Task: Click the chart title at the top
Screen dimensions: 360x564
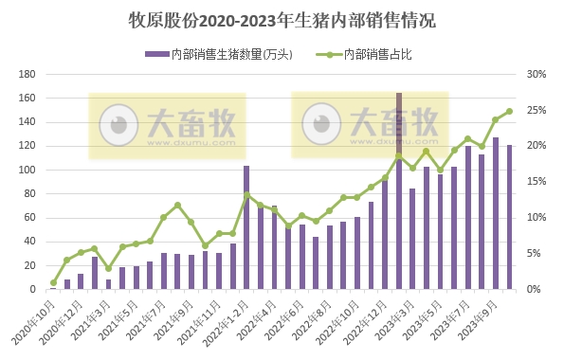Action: point(282,20)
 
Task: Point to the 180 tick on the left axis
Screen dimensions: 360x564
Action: point(27,74)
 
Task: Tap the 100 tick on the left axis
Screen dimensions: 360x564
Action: point(27,170)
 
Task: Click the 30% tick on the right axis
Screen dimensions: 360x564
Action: point(537,74)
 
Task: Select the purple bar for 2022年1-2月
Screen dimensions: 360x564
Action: point(246,227)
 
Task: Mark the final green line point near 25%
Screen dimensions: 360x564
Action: point(509,111)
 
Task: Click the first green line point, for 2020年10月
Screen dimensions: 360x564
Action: point(53,282)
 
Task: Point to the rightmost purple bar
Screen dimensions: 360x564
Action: point(509,217)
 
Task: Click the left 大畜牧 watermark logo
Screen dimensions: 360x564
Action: point(167,125)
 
